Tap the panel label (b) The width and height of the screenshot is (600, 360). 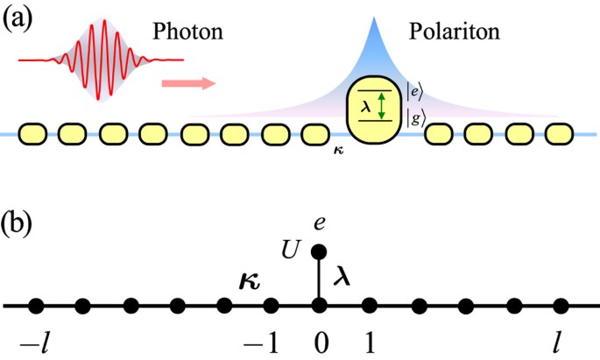(19, 222)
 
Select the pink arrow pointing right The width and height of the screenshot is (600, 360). (188, 84)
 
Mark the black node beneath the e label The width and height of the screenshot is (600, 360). (319, 251)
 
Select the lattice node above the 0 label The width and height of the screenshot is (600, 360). (319, 306)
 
